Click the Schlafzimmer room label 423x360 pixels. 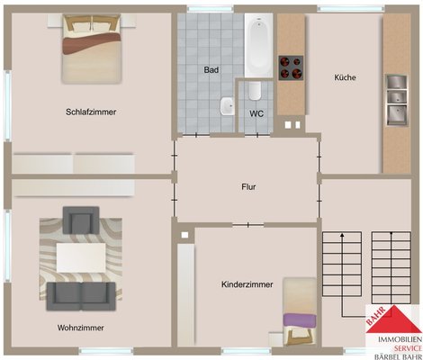pyautogui.click(x=91, y=112)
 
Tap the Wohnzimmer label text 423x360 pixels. pyautogui.click(x=81, y=328)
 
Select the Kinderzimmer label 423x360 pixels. pyautogui.click(x=247, y=284)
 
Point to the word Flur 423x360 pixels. pyautogui.click(x=248, y=187)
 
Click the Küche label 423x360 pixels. pyautogui.click(x=345, y=77)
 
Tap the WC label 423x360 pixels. pyautogui.click(x=256, y=113)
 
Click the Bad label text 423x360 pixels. pyautogui.click(x=211, y=70)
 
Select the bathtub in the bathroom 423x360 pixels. pyautogui.click(x=258, y=45)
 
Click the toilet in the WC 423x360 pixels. pyautogui.click(x=255, y=90)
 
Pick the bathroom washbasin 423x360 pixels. pyautogui.click(x=228, y=106)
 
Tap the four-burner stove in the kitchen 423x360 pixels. pyautogui.click(x=291, y=68)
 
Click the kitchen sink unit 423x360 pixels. pyautogui.click(x=396, y=100)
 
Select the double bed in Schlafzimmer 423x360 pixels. pyautogui.click(x=92, y=49)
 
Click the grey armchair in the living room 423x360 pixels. pyautogui.click(x=81, y=220)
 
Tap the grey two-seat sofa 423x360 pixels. pyautogui.click(x=81, y=296)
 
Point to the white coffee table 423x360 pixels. pyautogui.click(x=81, y=257)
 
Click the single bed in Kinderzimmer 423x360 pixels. pyautogui.click(x=300, y=311)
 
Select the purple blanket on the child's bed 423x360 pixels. pyautogui.click(x=300, y=320)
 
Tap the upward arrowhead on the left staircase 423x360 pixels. pyautogui.click(x=342, y=236)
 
